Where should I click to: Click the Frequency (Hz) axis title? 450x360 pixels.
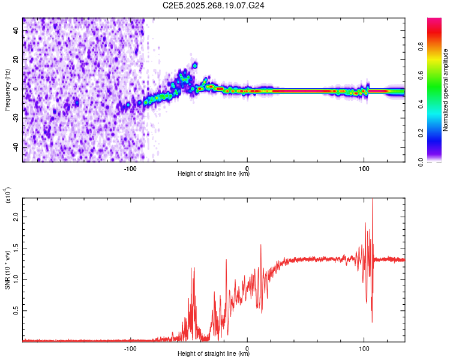click(7, 89)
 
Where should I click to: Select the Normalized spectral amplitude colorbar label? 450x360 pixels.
click(446, 90)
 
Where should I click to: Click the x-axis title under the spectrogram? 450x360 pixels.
click(214, 174)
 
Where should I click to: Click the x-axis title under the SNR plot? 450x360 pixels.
click(214, 354)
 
